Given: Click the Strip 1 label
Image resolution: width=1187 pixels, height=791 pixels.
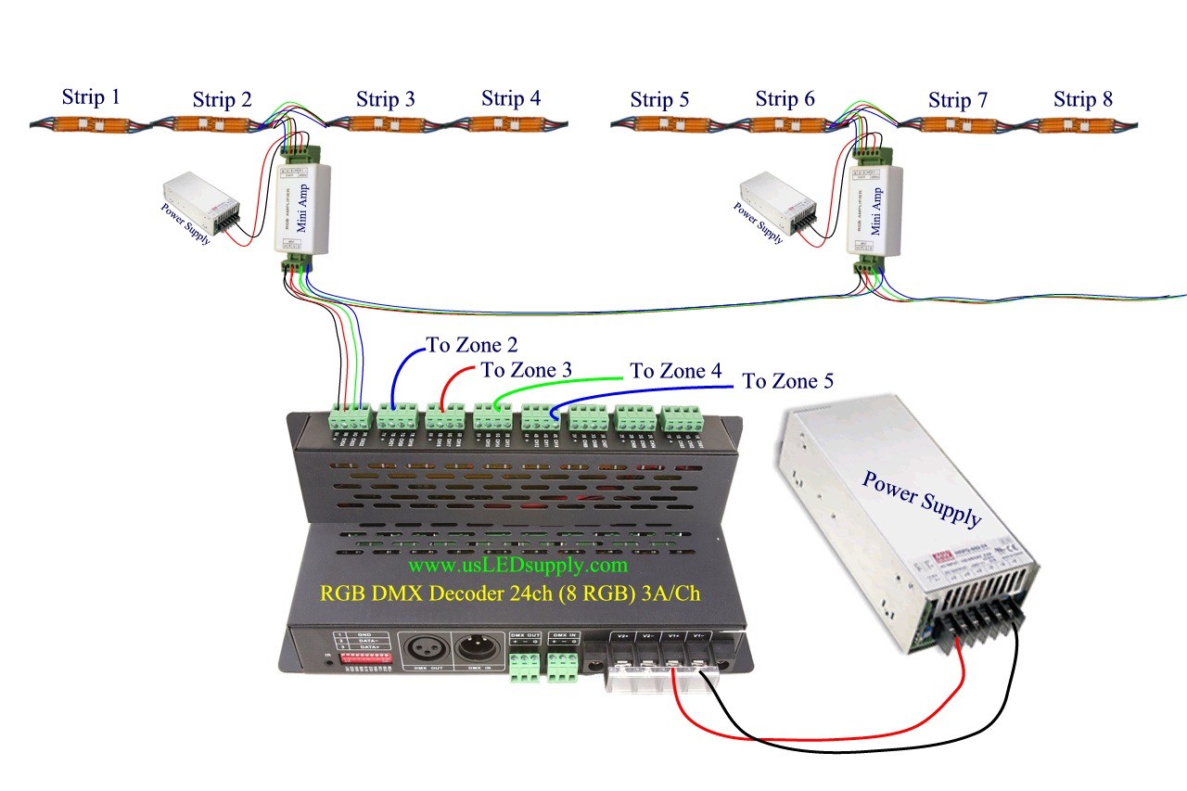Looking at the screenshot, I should click(91, 96).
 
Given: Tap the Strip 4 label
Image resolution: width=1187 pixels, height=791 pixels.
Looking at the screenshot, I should click(511, 97).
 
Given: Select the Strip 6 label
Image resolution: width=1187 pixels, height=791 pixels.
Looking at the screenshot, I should click(785, 98).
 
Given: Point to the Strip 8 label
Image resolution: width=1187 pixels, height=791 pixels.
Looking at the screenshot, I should click(1083, 98).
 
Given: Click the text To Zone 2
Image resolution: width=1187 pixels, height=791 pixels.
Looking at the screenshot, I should click(471, 345).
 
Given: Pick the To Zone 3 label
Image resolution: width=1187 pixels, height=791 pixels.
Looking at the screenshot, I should click(526, 370).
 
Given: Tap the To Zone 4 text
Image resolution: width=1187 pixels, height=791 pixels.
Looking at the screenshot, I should click(675, 371).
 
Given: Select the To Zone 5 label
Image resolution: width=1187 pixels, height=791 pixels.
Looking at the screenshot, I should click(787, 380).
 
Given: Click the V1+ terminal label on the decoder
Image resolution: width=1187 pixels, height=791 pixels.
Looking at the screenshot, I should click(674, 637).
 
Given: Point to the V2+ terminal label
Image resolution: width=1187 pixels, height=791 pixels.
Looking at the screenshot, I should click(623, 637).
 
